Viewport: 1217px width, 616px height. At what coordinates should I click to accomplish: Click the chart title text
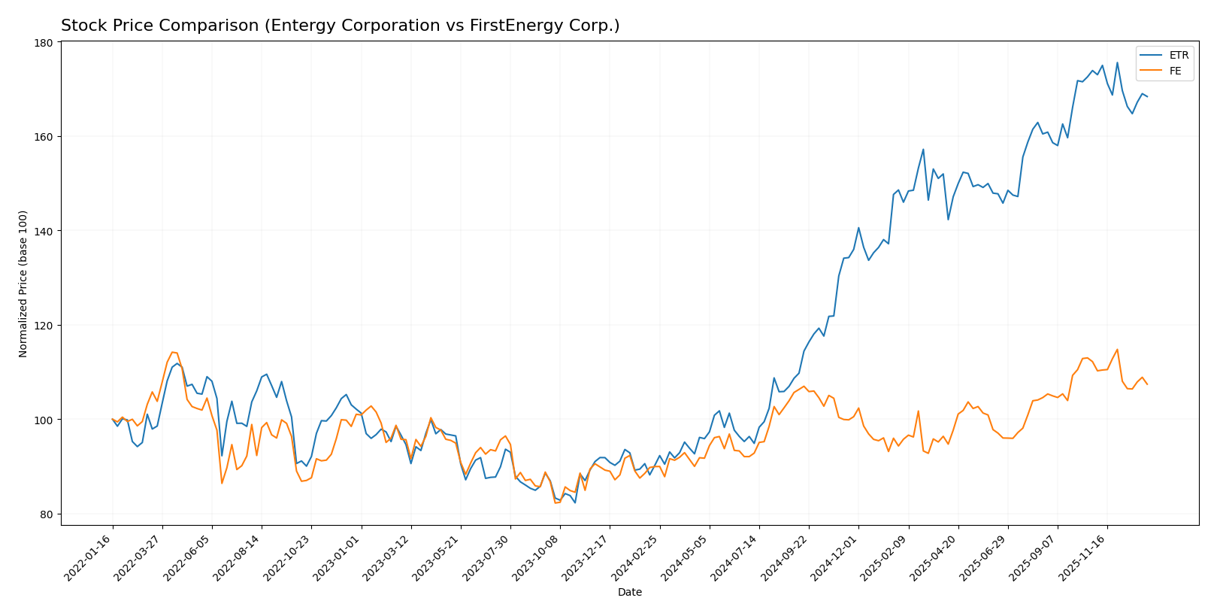[x=340, y=26]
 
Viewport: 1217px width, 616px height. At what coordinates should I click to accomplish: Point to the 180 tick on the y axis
[x=43, y=43]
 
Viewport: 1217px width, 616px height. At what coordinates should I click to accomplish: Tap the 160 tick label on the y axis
[x=43, y=137]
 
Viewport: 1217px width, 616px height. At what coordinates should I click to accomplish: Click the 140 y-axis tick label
[x=43, y=231]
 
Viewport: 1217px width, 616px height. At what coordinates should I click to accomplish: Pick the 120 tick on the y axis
[x=43, y=326]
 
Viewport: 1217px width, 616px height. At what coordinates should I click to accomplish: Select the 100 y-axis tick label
[x=43, y=420]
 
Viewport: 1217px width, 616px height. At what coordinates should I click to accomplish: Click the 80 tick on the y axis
[x=45, y=514]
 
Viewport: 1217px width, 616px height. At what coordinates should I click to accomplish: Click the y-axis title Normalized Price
[x=23, y=284]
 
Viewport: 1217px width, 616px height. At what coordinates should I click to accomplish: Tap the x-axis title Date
[x=629, y=593]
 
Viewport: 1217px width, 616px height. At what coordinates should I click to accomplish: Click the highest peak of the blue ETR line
[x=1117, y=62]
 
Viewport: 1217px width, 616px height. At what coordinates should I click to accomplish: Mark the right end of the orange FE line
[x=1147, y=384]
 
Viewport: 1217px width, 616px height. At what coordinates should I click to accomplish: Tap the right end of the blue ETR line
[x=1147, y=96]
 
